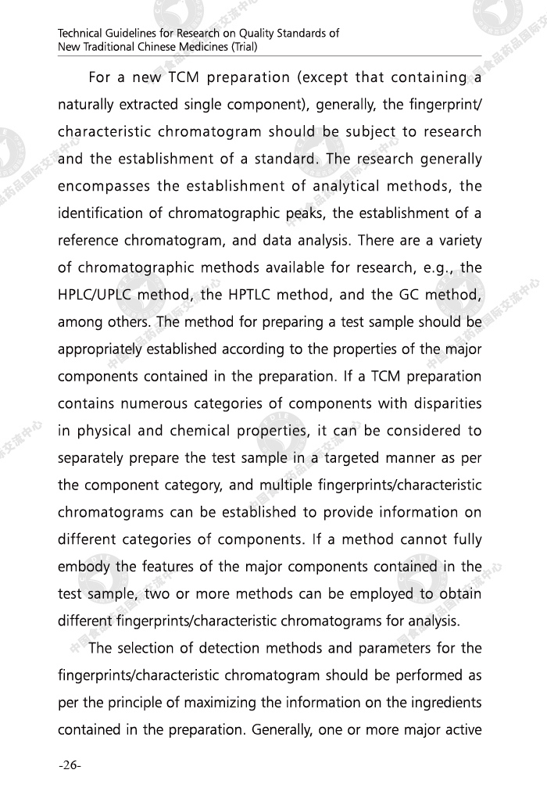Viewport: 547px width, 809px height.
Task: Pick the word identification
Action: [99, 213]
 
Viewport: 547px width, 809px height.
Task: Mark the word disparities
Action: [442, 403]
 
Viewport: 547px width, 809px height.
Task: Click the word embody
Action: [82, 567]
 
